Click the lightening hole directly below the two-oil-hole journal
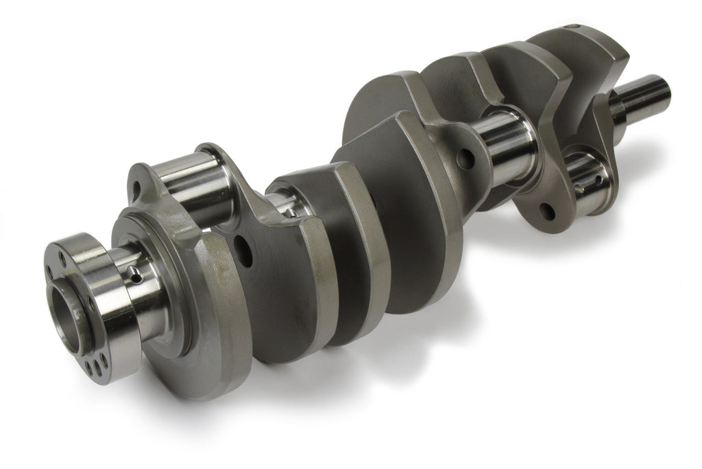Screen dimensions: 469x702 click(546, 211)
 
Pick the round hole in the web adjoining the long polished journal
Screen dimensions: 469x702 click(465, 159)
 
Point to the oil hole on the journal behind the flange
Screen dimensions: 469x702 click(136, 277)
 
